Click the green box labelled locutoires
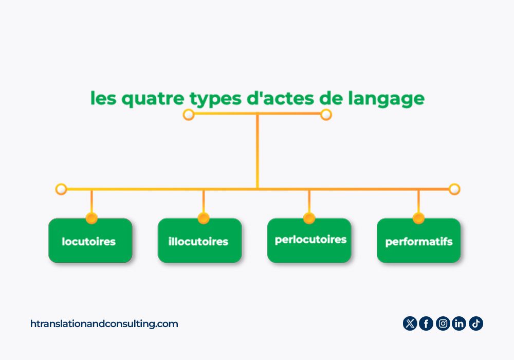coord(90,240)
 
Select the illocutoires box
coord(200,240)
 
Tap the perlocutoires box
coord(309,240)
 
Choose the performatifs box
coord(418,240)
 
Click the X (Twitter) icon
coord(410,323)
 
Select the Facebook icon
coord(426,323)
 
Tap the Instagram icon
coord(443,323)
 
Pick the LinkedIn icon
coord(459,323)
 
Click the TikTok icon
coord(476,323)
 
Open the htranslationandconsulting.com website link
coord(104,324)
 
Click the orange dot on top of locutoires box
coord(91,218)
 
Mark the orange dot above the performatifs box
coord(418,218)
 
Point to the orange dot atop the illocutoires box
coord(204,218)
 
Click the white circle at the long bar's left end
coord(61,189)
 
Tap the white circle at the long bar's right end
coord(454,189)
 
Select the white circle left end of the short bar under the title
coord(189,115)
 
